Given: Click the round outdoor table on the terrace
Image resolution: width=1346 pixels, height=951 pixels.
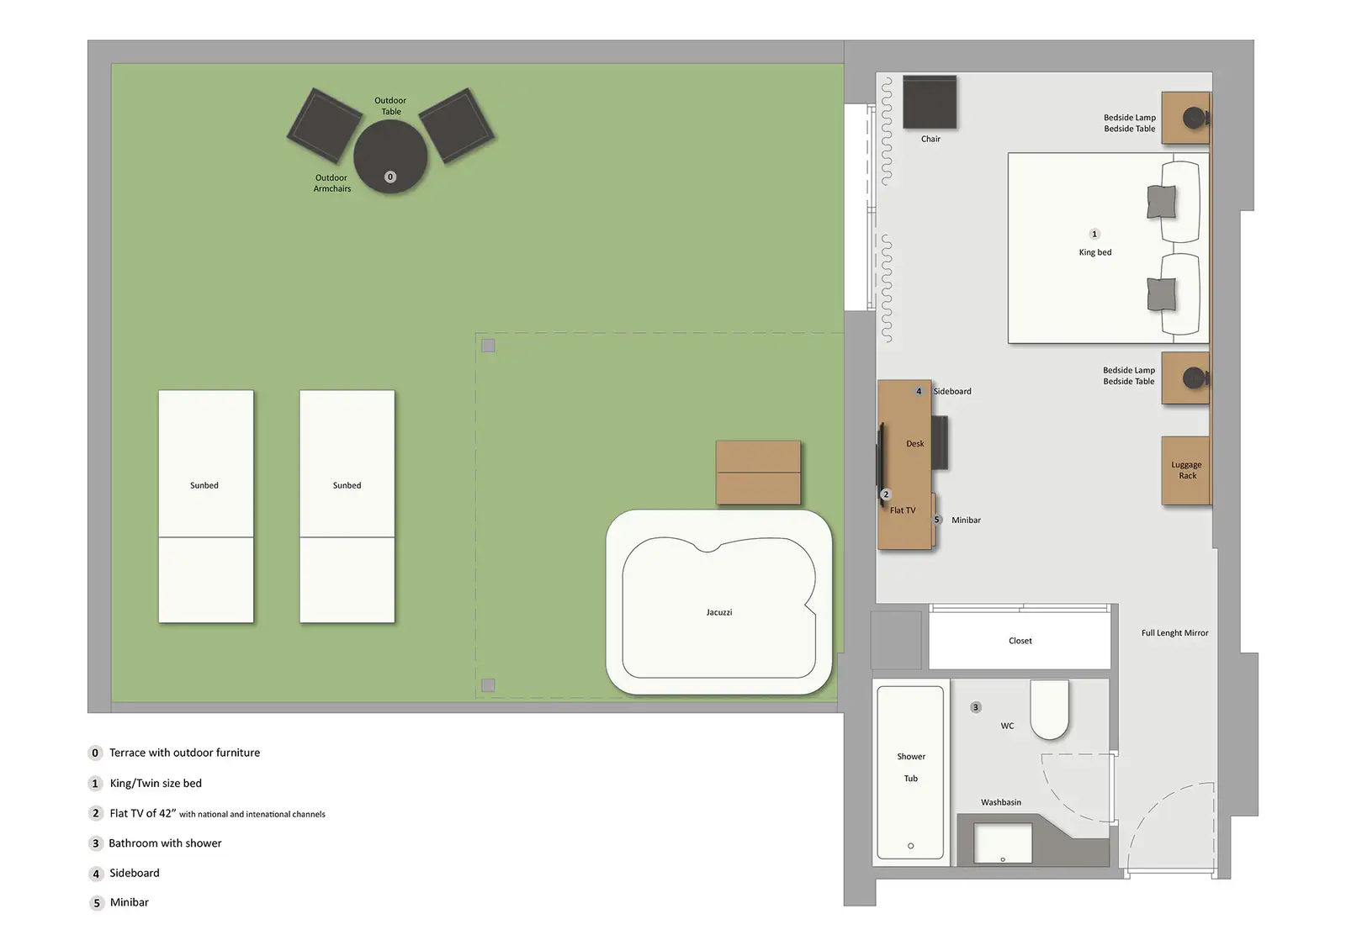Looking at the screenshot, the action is point(390,156).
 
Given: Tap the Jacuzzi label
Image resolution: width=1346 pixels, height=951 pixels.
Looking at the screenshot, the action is point(718,612).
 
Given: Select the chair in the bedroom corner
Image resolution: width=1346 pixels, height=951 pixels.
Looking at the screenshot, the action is point(930,102).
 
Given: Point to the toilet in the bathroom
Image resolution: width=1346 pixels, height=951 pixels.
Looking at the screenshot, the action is point(1049,709).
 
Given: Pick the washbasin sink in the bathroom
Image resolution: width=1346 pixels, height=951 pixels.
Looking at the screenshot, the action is point(1002,843).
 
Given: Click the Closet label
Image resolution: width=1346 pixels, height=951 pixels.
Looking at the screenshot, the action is point(1020,641).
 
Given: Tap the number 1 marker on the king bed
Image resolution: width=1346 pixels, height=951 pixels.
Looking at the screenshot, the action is point(1094,234).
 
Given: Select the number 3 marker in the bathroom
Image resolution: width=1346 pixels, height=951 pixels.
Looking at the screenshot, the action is point(976,707).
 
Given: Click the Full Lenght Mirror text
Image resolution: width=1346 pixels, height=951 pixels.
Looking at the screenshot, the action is point(1174,632).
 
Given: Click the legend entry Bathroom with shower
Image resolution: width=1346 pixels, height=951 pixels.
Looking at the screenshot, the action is point(155,843).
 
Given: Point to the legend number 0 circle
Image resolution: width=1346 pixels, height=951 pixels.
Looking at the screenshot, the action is point(95,753).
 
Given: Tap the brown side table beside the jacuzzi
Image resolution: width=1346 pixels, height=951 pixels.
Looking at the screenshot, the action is point(758,473).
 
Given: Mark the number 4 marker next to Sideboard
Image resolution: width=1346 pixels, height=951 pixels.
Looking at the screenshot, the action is point(918,391).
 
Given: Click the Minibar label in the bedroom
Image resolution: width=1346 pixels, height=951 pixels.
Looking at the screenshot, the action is point(966,520).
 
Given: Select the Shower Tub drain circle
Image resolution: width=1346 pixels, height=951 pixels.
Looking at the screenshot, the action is point(910,846).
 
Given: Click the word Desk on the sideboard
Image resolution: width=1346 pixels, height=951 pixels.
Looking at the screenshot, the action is point(914,443).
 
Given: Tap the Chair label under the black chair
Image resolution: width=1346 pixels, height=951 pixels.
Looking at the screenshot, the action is point(930,139).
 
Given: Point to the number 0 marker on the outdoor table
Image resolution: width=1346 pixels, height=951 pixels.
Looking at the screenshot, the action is point(390,177).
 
